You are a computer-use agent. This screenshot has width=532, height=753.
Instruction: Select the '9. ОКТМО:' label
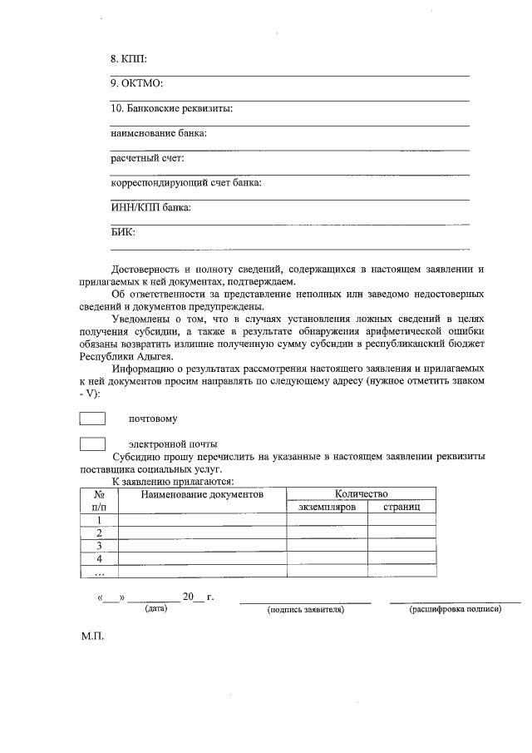coord(136,84)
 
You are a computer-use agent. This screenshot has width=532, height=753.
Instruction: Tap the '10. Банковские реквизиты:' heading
coord(171,109)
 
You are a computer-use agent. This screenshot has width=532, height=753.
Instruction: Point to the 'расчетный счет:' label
coord(147,158)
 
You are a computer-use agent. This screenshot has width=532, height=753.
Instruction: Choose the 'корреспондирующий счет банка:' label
coord(186,183)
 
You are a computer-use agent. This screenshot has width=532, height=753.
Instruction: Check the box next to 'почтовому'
coord(91,418)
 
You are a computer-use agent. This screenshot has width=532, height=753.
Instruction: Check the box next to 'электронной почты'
coord(91,443)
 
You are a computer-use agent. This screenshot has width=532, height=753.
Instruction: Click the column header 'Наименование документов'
coord(202,494)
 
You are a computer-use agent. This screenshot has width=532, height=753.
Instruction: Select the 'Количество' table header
coord(362,494)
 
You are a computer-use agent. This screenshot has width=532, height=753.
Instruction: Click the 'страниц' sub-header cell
coord(401,507)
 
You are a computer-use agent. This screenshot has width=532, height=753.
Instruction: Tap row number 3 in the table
coord(99,546)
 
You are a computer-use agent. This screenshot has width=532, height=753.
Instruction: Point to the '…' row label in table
coord(99,572)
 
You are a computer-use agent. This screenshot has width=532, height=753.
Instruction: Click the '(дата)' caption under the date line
coord(155,609)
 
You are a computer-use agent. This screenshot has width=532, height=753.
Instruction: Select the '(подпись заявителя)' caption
coord(305,610)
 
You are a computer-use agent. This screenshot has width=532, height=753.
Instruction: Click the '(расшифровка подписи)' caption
coord(455,610)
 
